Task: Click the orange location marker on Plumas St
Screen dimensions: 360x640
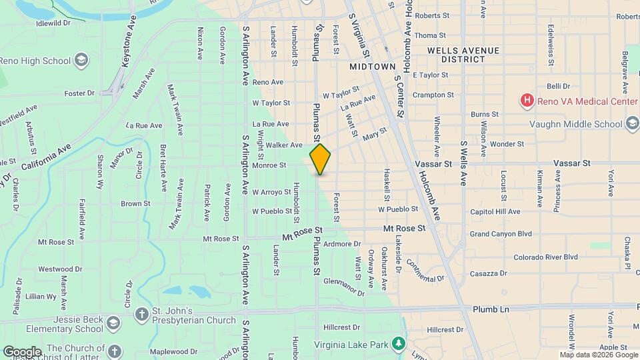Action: coord(320,159)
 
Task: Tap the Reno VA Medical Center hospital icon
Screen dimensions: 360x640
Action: coord(527,101)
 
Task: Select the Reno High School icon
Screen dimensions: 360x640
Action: coord(81,61)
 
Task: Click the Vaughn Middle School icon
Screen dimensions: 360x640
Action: coord(631,123)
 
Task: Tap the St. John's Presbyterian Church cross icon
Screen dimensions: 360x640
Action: coord(141,313)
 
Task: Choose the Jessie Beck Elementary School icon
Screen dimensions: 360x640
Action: coord(114,324)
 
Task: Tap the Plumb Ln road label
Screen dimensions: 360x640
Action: coord(491,310)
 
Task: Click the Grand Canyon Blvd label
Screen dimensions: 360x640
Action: coord(501,234)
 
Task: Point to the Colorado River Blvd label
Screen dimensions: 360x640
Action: coord(545,257)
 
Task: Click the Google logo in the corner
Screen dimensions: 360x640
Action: coord(22,351)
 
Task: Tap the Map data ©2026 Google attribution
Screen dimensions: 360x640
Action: coord(599,355)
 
